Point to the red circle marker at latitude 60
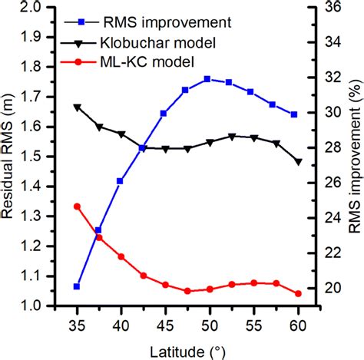[298, 293]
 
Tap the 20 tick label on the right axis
[325, 289]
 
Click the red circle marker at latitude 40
[121, 256]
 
